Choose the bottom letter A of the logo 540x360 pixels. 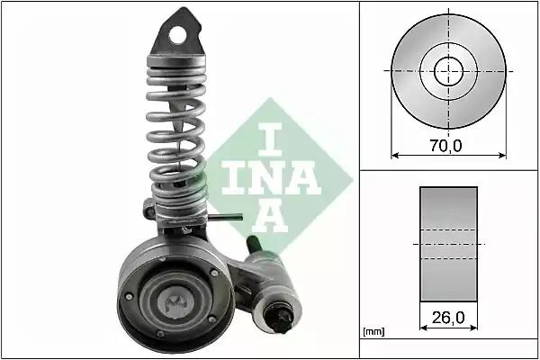(x=270, y=215)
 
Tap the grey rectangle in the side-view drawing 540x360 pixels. (x=447, y=243)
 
